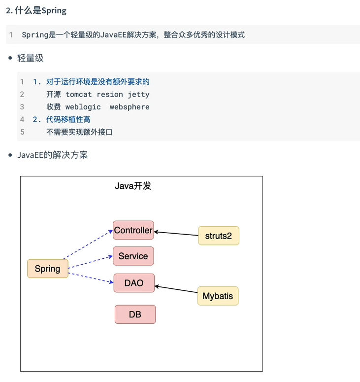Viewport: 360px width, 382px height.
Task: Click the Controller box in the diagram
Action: (133, 230)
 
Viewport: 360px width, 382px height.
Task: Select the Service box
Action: (133, 256)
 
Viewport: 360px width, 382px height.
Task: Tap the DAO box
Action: (134, 283)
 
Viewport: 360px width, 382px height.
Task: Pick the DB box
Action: (135, 314)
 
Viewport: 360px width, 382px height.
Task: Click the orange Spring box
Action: (47, 269)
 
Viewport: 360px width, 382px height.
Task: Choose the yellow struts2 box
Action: (218, 236)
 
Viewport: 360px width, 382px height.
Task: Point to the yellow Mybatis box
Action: (218, 296)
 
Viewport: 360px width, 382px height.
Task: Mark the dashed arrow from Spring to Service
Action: (91, 263)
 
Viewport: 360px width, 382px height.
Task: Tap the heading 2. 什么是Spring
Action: (36, 10)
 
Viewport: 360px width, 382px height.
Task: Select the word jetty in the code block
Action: (138, 94)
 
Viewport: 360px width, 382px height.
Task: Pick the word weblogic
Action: (83, 107)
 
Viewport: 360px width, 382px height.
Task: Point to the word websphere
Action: (130, 107)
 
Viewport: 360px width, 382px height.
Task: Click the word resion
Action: (109, 94)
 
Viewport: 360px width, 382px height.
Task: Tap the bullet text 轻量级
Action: (31, 58)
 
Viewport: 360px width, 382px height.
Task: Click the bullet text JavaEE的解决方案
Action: (52, 155)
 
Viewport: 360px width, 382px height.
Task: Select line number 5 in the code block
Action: (22, 132)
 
